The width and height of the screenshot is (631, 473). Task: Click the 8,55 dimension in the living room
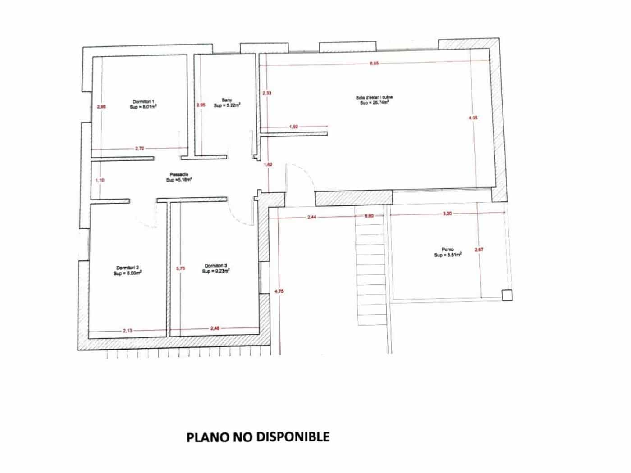pyautogui.click(x=374, y=64)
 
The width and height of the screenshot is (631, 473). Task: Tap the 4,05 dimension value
pyautogui.click(x=473, y=118)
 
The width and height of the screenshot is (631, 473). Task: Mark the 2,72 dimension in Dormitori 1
pyautogui.click(x=140, y=148)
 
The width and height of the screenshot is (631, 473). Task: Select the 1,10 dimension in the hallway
pyautogui.click(x=100, y=180)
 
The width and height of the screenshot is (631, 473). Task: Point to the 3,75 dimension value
pyautogui.click(x=180, y=268)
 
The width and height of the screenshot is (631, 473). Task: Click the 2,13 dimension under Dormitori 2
pyautogui.click(x=128, y=331)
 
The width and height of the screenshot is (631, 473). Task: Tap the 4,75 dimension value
pyautogui.click(x=279, y=291)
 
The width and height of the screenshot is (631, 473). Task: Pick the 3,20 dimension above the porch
pyautogui.click(x=447, y=214)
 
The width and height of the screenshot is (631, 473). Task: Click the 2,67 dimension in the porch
pyautogui.click(x=479, y=249)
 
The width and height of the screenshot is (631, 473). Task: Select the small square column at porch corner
pyautogui.click(x=508, y=295)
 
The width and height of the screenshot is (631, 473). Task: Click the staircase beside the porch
pyautogui.click(x=371, y=270)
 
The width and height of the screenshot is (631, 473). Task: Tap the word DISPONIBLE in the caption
pyautogui.click(x=293, y=437)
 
